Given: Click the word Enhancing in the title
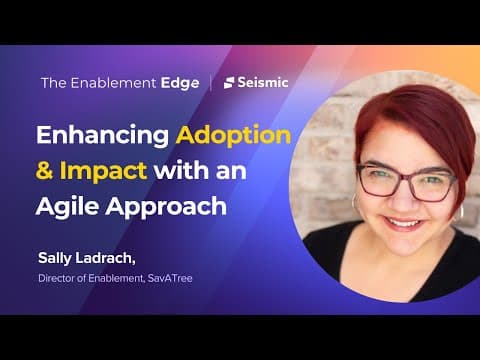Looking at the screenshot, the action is pos(102,136).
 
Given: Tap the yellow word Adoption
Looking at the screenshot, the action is pos(233,136).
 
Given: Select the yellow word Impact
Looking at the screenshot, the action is pos(103,170).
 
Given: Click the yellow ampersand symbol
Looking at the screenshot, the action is pos(44,170).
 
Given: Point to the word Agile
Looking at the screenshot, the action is pos(68,205).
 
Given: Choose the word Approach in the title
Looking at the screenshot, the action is pos(166,207).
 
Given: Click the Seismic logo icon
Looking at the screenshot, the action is pos(229,83).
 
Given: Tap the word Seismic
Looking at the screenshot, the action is pos(263,83).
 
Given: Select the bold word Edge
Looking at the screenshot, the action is pos(180,84).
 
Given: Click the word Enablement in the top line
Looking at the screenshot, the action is pos(113,83).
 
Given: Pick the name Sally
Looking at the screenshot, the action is pos(55,258).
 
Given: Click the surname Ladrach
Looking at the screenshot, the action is pos(105,258).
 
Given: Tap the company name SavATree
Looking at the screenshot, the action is pos(170,278).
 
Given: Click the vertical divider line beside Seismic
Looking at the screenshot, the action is pos(211,83).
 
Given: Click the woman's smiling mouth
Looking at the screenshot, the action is pos(404,223).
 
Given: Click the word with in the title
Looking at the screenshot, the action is pos(182,170).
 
